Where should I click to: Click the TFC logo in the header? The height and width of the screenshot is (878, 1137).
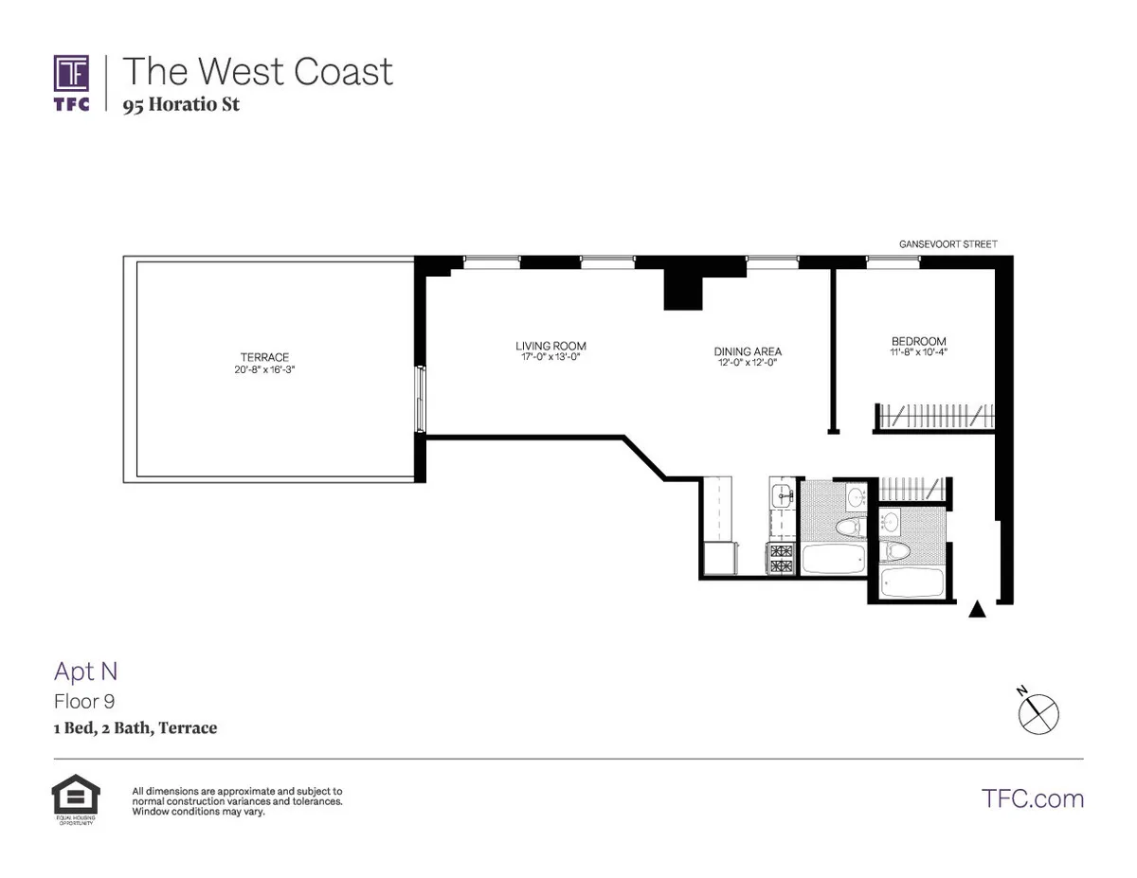(x=72, y=82)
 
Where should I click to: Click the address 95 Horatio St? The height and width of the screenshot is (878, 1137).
(x=181, y=104)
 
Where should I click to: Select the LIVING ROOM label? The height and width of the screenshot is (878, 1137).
(x=544, y=346)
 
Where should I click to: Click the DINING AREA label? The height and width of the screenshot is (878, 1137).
(x=748, y=351)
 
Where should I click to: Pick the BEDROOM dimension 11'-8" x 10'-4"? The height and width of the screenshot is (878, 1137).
(x=918, y=353)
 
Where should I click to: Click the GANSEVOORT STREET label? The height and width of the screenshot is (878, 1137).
(x=947, y=244)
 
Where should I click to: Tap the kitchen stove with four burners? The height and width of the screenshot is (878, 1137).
(x=782, y=560)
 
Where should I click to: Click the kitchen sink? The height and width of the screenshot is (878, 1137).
(x=783, y=493)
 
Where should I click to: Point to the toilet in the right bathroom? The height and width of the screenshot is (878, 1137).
(x=895, y=550)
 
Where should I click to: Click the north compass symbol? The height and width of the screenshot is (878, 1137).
(x=1038, y=711)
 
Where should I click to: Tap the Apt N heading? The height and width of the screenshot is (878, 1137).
(x=85, y=672)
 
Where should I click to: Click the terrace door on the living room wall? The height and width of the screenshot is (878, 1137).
(x=421, y=400)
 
